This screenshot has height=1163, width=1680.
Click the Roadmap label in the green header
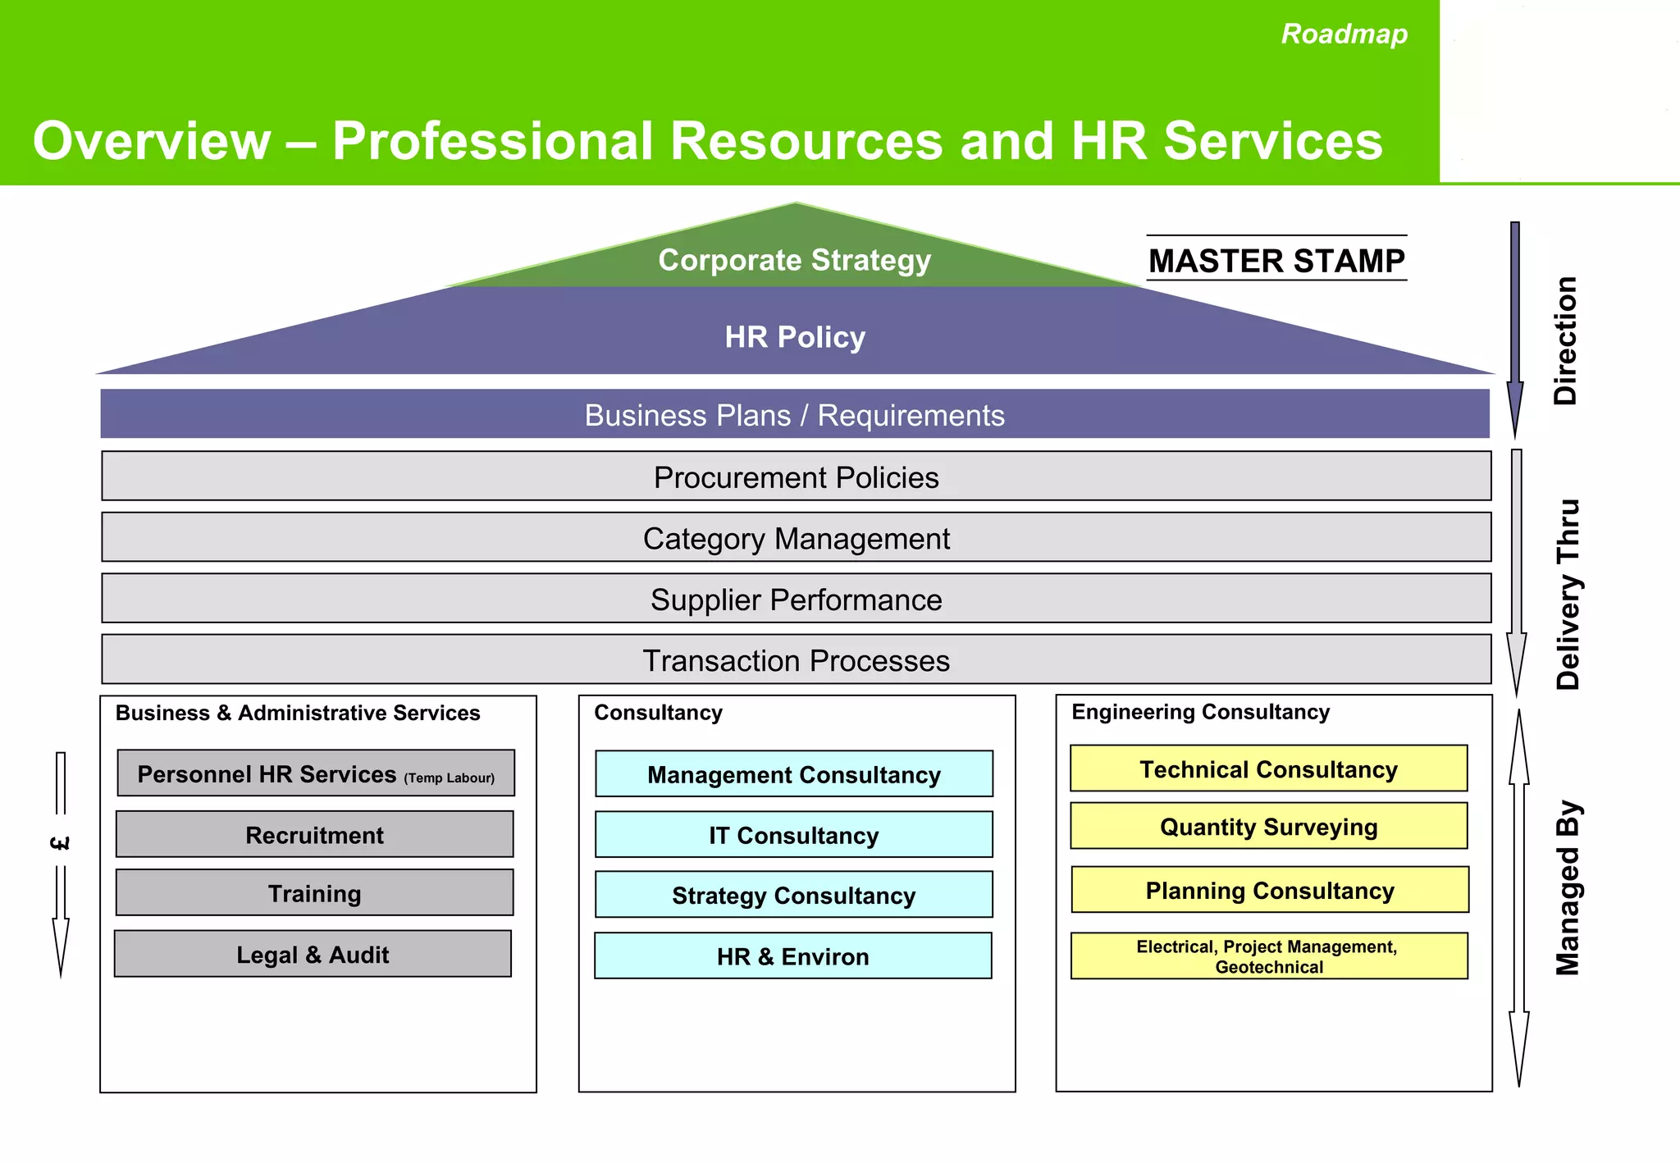(x=1344, y=34)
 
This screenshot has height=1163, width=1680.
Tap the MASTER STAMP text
(x=1276, y=260)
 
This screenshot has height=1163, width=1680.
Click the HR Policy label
(x=794, y=337)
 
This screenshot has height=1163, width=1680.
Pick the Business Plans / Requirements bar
(x=794, y=415)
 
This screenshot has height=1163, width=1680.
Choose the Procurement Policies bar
(x=796, y=477)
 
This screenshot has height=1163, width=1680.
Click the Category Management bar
(x=796, y=538)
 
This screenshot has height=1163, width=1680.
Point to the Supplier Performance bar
(x=796, y=599)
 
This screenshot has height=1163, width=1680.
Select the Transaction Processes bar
(x=796, y=659)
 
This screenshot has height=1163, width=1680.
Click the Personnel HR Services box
(x=316, y=773)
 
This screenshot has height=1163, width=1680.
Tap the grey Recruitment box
(x=315, y=835)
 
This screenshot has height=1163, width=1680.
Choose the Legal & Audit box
(x=313, y=954)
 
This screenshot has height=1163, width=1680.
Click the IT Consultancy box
(x=793, y=835)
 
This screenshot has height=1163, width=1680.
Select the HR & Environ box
(x=792, y=956)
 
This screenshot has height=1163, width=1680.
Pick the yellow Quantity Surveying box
(x=1268, y=826)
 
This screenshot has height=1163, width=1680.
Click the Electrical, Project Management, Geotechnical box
(x=1269, y=956)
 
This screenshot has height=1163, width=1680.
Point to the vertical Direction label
(x=1565, y=340)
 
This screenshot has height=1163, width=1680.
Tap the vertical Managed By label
(x=1567, y=887)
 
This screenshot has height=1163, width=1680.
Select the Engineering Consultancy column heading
(x=1200, y=712)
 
